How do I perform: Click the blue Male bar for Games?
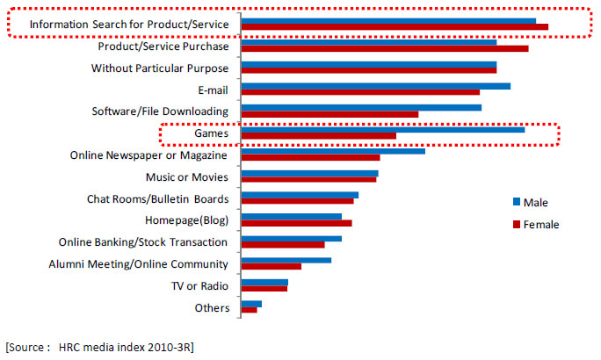[382, 130]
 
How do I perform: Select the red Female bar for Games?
[318, 136]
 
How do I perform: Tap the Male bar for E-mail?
[375, 86]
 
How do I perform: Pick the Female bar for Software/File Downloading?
[329, 114]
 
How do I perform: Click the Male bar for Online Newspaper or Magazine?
[333, 151]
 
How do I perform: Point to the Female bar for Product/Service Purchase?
[384, 48]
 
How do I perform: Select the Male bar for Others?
[251, 304]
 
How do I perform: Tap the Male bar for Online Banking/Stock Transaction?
[291, 239]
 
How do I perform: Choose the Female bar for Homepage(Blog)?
[296, 223]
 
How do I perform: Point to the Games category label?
[212, 133]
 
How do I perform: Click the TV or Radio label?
[199, 286]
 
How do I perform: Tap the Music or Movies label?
[186, 177]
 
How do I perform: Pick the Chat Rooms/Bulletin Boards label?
[158, 199]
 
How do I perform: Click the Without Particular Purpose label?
[160, 68]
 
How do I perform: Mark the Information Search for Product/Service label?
[128, 25]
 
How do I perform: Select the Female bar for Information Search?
[395, 26]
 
